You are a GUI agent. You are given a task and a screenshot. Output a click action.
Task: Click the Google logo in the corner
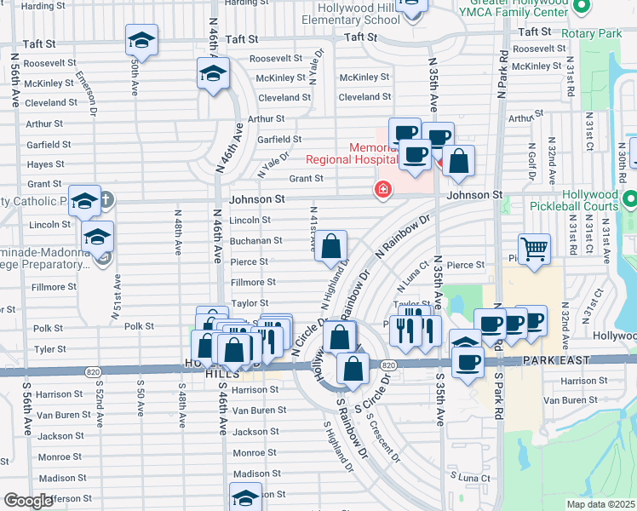pyautogui.click(x=27, y=501)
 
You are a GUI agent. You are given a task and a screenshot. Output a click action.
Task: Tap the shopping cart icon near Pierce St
pyautogui.click(x=534, y=249)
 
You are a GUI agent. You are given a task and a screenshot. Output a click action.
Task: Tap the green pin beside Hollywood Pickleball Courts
pyautogui.click(x=629, y=200)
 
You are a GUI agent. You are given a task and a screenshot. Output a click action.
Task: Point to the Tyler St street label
pyautogui.click(x=50, y=349)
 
